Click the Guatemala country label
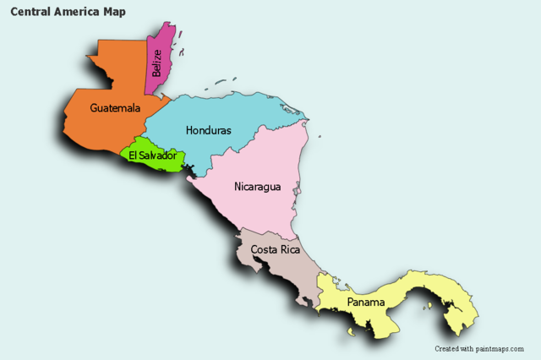115,108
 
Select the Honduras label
208,131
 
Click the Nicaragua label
257,187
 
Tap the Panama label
365,303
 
